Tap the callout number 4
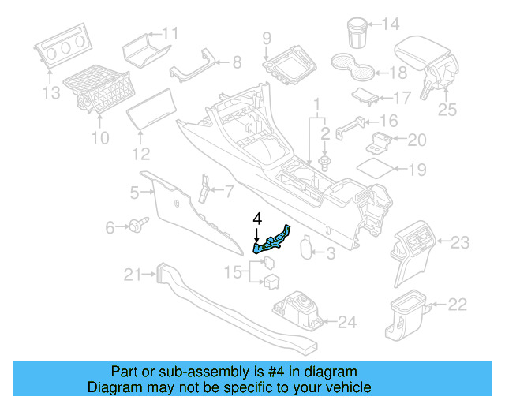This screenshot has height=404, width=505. pos(256,218)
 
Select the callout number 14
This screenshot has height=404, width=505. pos(391,24)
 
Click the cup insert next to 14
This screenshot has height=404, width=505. pos(356,32)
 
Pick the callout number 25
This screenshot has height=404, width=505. pos(447,110)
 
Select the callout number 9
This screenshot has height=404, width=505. pos(267,37)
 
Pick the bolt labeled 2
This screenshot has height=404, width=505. pos(325,163)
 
